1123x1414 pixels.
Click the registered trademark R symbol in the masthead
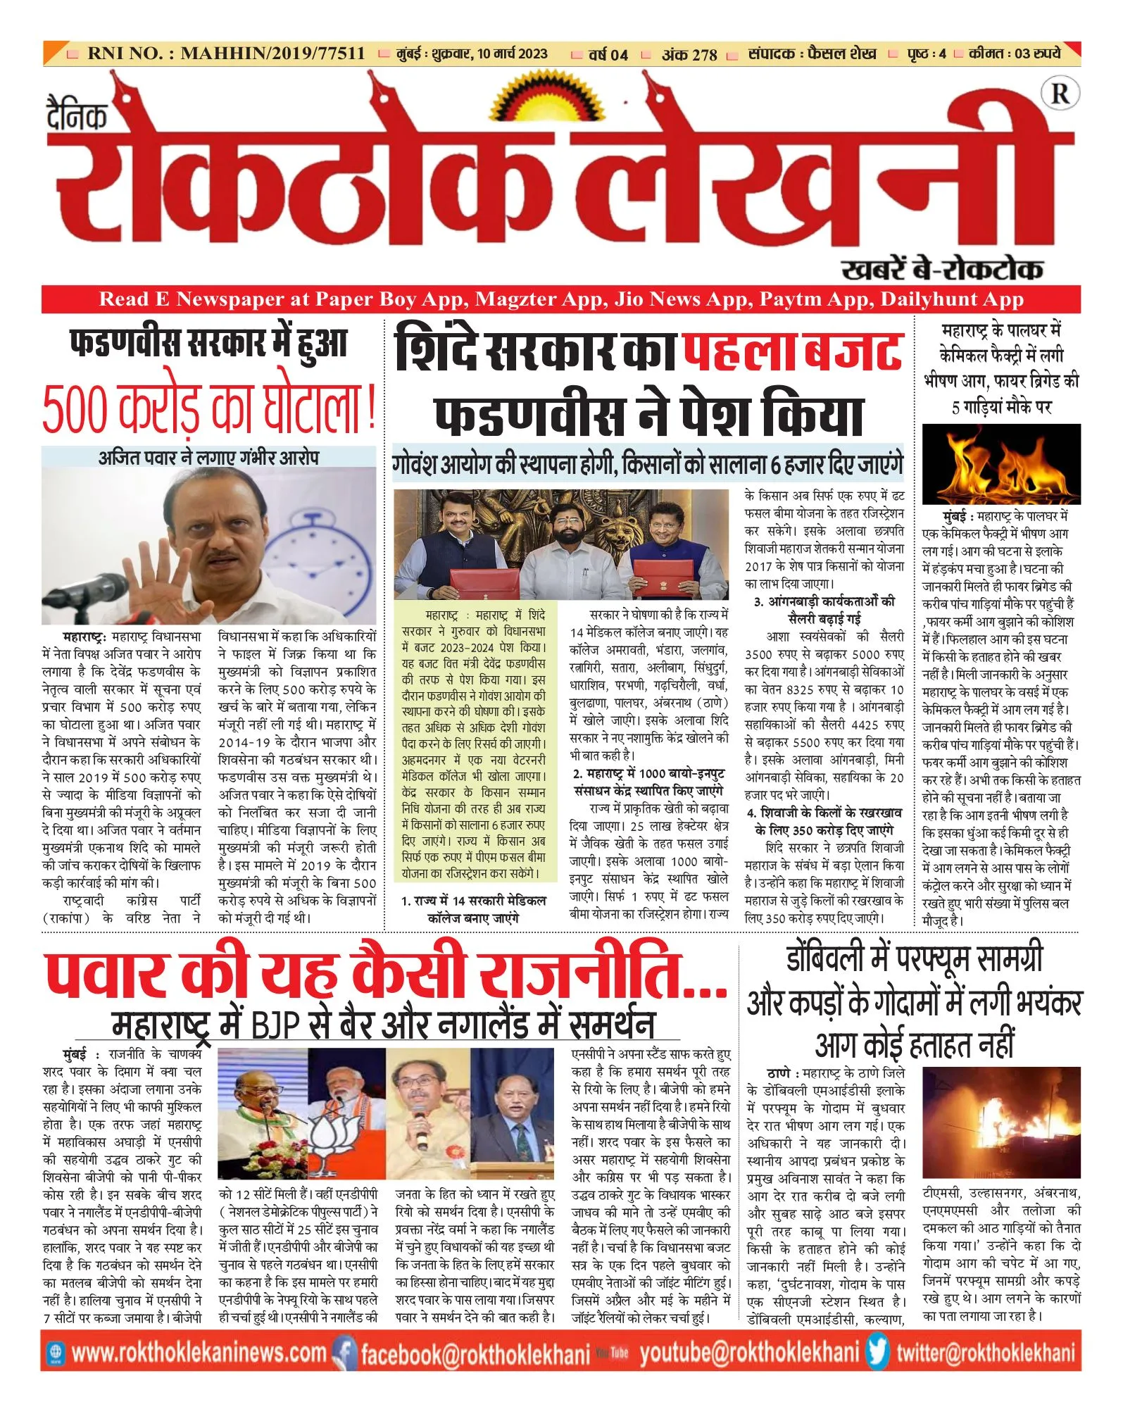point(1060,94)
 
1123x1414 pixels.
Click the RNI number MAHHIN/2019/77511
point(272,54)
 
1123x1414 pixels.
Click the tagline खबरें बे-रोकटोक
point(941,269)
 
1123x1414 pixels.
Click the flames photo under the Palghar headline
point(1000,464)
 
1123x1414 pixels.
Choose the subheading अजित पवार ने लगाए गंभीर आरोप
point(208,458)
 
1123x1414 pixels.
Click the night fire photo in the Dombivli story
point(1000,1125)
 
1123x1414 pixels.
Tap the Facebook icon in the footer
point(344,1353)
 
